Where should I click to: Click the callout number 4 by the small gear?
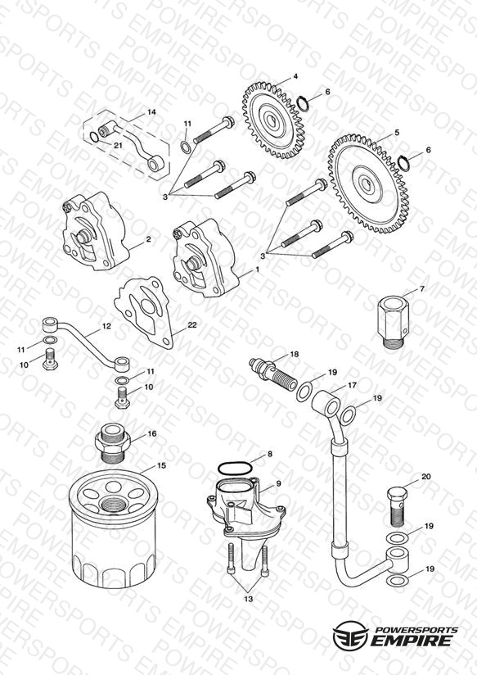click(x=295, y=77)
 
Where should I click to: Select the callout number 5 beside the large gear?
click(x=397, y=133)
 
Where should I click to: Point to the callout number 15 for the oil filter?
click(x=161, y=465)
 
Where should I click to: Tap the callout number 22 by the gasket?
click(x=191, y=324)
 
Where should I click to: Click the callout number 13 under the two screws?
click(x=249, y=599)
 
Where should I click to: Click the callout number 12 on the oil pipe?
click(x=106, y=326)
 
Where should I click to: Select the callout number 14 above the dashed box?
click(x=151, y=112)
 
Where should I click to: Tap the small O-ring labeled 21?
click(x=94, y=137)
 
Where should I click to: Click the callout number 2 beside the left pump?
click(x=148, y=239)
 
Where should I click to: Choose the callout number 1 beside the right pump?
click(x=258, y=269)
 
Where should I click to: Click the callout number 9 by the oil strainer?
click(x=278, y=483)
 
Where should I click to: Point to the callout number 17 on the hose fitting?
click(x=353, y=385)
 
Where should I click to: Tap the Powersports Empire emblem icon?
click(x=350, y=635)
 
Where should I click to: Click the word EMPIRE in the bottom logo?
click(x=412, y=640)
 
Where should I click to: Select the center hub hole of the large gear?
click(x=367, y=184)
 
